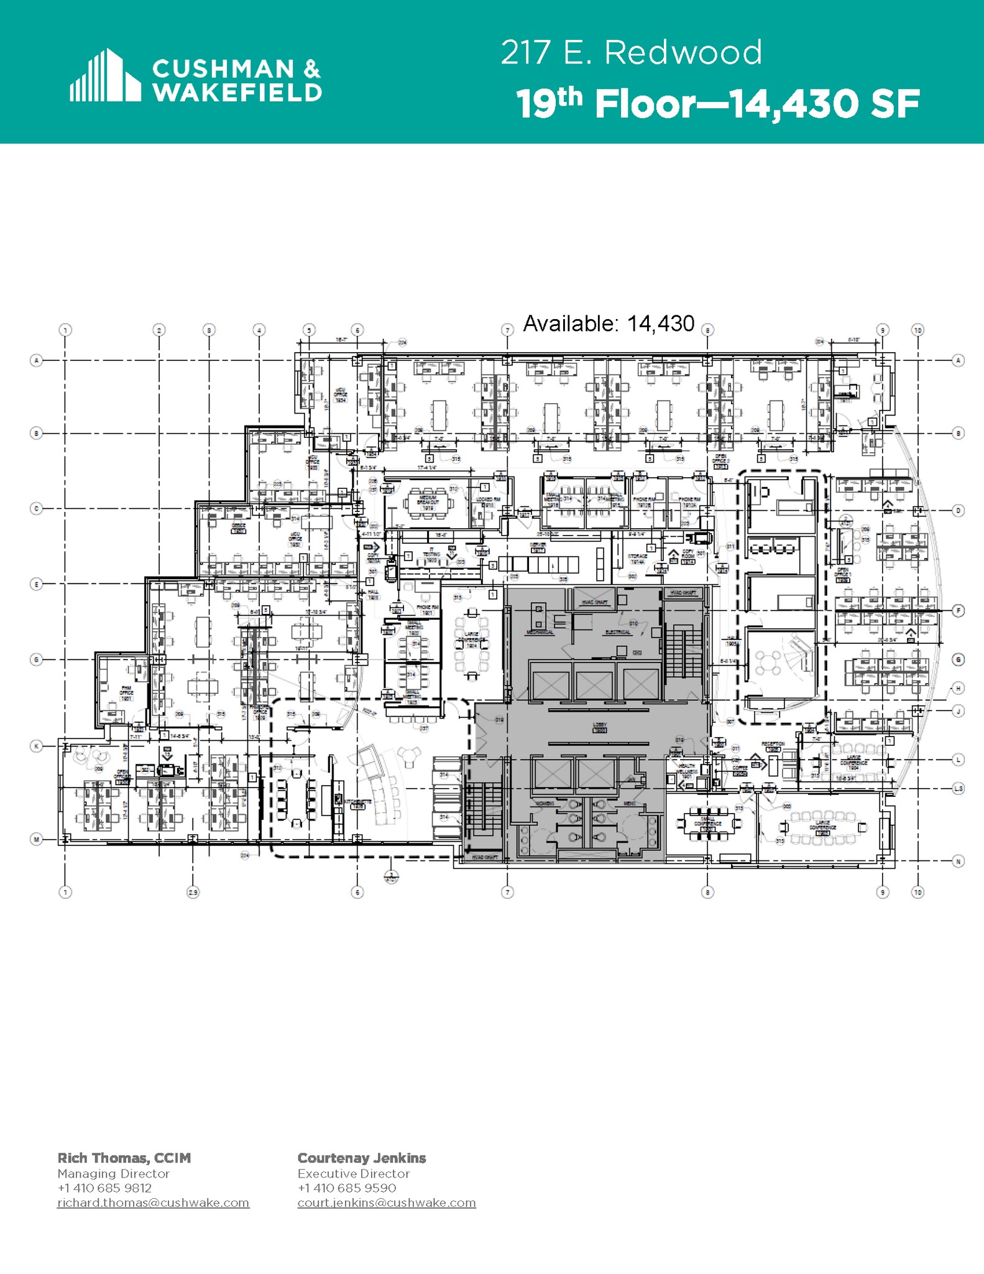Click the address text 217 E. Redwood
[x=631, y=52]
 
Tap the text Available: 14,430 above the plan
[x=608, y=323]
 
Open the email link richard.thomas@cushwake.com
[x=153, y=1202]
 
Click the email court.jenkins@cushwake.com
[x=386, y=1202]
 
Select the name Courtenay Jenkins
[x=361, y=1158]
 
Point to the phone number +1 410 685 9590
[x=346, y=1188]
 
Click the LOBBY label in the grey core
[x=599, y=726]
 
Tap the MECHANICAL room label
[x=540, y=632]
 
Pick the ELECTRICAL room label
[x=617, y=632]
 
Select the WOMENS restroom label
[x=545, y=804]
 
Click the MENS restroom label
[x=629, y=804]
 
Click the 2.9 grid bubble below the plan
[x=193, y=892]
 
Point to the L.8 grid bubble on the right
[x=958, y=788]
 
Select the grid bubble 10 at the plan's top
[x=917, y=330]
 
